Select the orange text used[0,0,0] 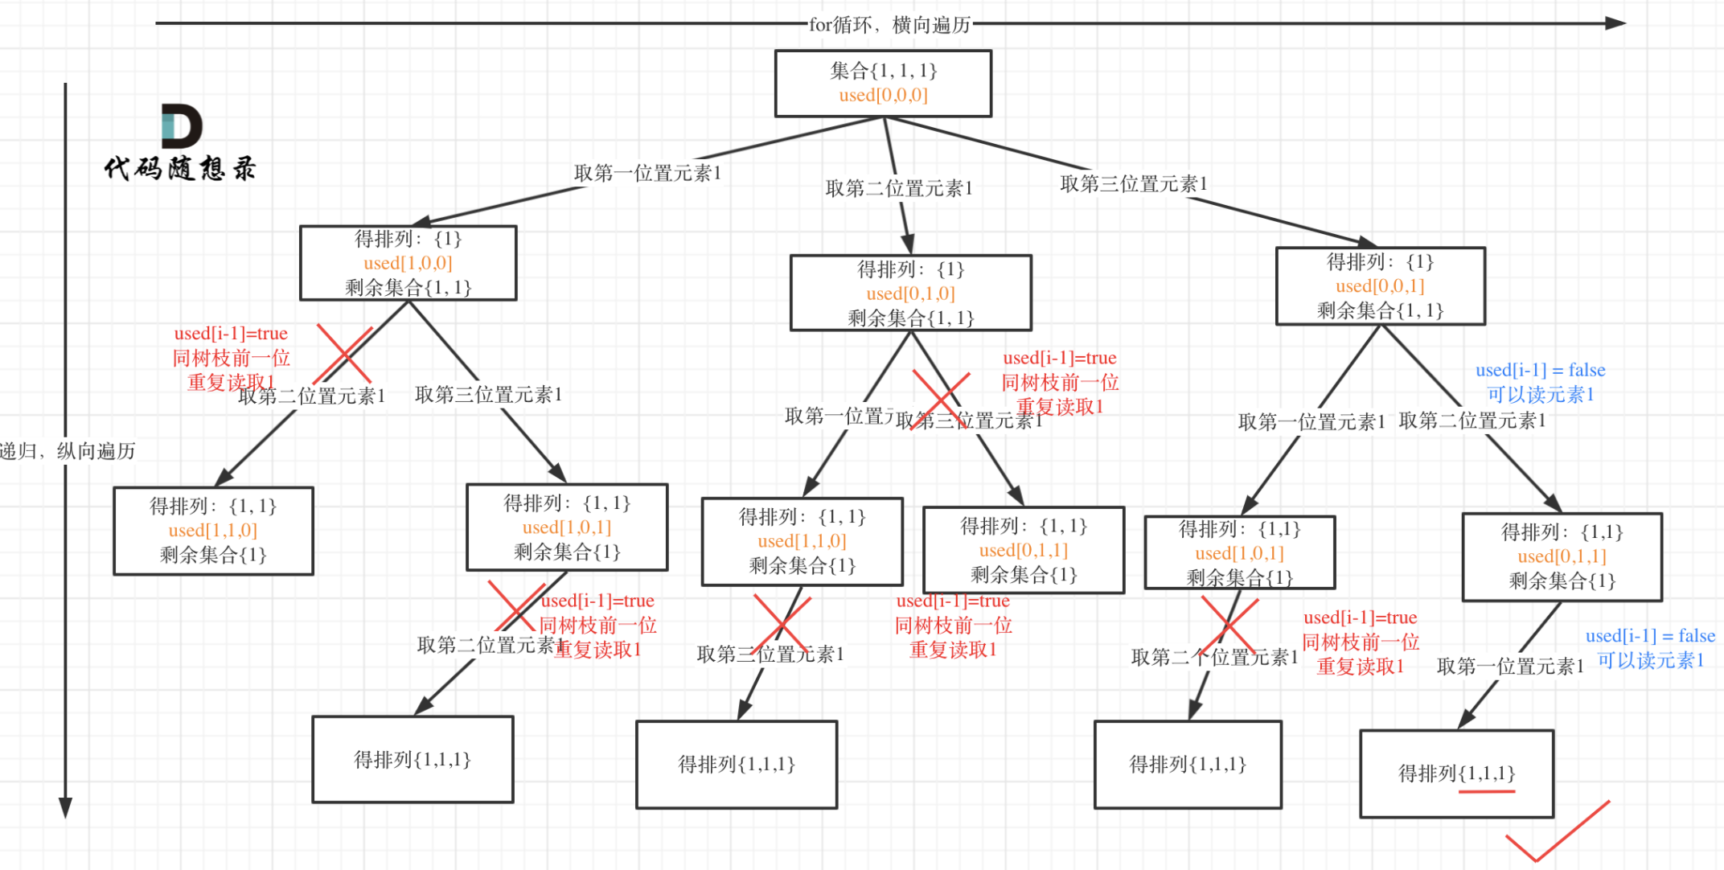883,96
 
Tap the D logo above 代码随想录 181,126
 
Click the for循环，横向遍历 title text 889,25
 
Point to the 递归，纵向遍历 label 68,451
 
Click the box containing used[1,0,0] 408,263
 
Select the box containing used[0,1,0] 910,293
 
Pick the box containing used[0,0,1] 1380,285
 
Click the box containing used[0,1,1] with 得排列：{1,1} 1023,550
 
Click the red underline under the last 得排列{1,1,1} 1486,792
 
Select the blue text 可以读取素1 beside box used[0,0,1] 1540,395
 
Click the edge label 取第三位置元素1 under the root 1133,184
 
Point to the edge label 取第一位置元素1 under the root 647,173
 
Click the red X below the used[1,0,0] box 344,354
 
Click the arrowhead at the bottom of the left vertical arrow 66,806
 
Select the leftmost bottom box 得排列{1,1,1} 413,759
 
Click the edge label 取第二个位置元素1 1214,658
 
